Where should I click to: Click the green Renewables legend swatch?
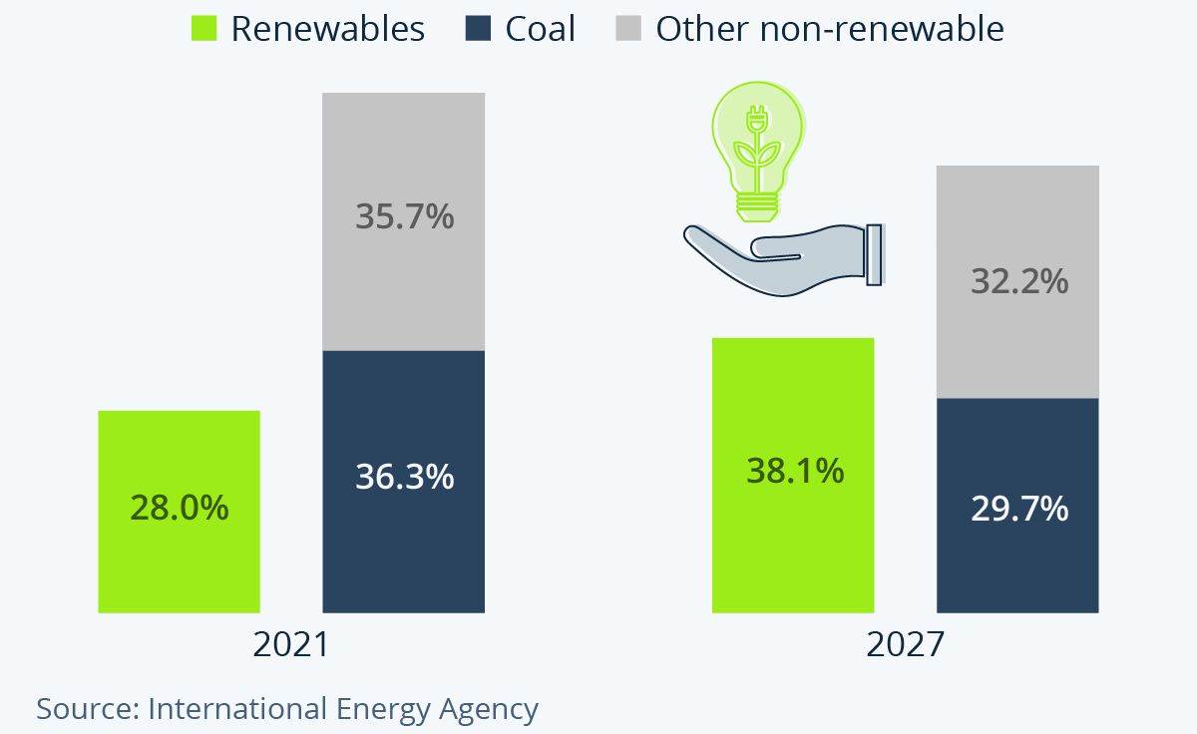point(203,29)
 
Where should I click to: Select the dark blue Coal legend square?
point(478,29)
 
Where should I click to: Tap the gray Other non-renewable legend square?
point(628,29)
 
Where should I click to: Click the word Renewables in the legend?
point(327,29)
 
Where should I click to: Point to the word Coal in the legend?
point(540,29)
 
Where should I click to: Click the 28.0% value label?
point(180,508)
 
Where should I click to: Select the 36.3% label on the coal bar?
point(404,476)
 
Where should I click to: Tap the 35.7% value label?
point(404,215)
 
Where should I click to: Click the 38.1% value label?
point(795,470)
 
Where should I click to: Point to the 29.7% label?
point(1018,509)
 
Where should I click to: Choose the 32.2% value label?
point(1018,281)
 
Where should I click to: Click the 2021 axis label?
point(290,644)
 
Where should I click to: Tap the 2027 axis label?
point(904,644)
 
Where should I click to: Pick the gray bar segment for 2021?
point(404,150)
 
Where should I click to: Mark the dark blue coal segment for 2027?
point(1018,558)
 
